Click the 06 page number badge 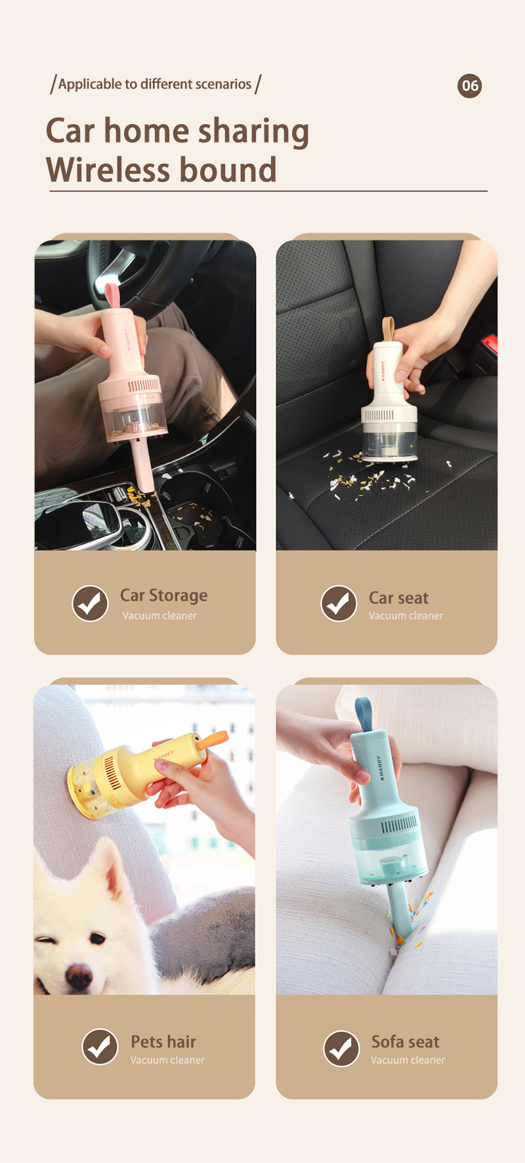[469, 85]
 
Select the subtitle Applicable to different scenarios [155, 84]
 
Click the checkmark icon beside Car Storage [90, 603]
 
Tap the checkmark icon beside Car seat [339, 603]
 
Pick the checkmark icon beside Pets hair [100, 1047]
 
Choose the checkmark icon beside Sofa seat [341, 1048]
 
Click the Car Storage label [163, 596]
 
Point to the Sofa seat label [406, 1042]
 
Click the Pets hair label [163, 1042]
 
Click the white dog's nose [79, 975]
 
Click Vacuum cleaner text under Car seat [406, 615]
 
